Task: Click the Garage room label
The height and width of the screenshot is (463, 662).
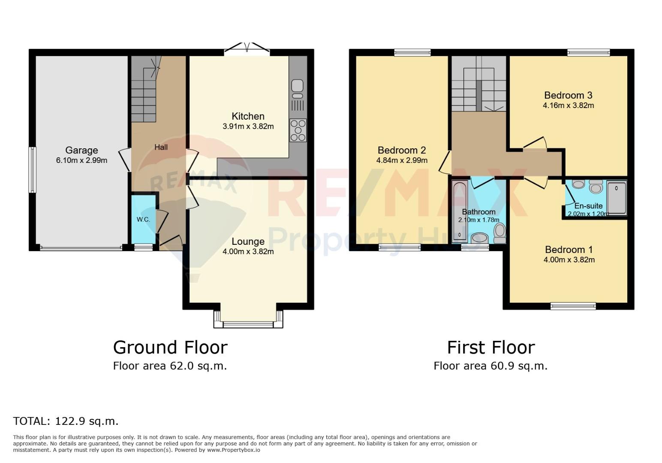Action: click(x=81, y=150)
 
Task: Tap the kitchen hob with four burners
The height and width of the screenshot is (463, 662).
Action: click(x=298, y=130)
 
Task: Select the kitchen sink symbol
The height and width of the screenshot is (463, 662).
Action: click(x=297, y=89)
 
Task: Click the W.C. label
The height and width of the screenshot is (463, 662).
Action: click(x=143, y=219)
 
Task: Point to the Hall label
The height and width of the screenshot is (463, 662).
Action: click(x=161, y=147)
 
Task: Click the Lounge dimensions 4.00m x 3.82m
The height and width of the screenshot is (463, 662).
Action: click(x=248, y=252)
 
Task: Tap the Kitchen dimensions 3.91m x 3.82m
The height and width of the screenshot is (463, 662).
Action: click(x=248, y=126)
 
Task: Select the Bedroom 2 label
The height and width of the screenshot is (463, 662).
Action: click(x=402, y=150)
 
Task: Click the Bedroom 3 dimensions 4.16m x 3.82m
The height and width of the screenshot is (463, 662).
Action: click(x=568, y=105)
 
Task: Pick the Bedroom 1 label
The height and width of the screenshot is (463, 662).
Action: click(x=569, y=250)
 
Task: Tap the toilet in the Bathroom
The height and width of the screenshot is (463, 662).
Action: click(x=500, y=233)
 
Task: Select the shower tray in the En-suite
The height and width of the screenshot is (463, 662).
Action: click(x=617, y=198)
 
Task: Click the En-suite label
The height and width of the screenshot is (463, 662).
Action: click(x=588, y=206)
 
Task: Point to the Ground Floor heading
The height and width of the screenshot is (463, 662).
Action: click(x=170, y=347)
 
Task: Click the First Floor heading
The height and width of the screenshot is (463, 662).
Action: click(x=491, y=347)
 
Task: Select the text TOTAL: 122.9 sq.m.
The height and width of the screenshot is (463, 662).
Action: click(x=66, y=421)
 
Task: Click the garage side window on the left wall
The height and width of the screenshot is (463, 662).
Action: click(x=32, y=170)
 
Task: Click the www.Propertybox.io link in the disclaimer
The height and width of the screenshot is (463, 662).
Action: click(x=234, y=450)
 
